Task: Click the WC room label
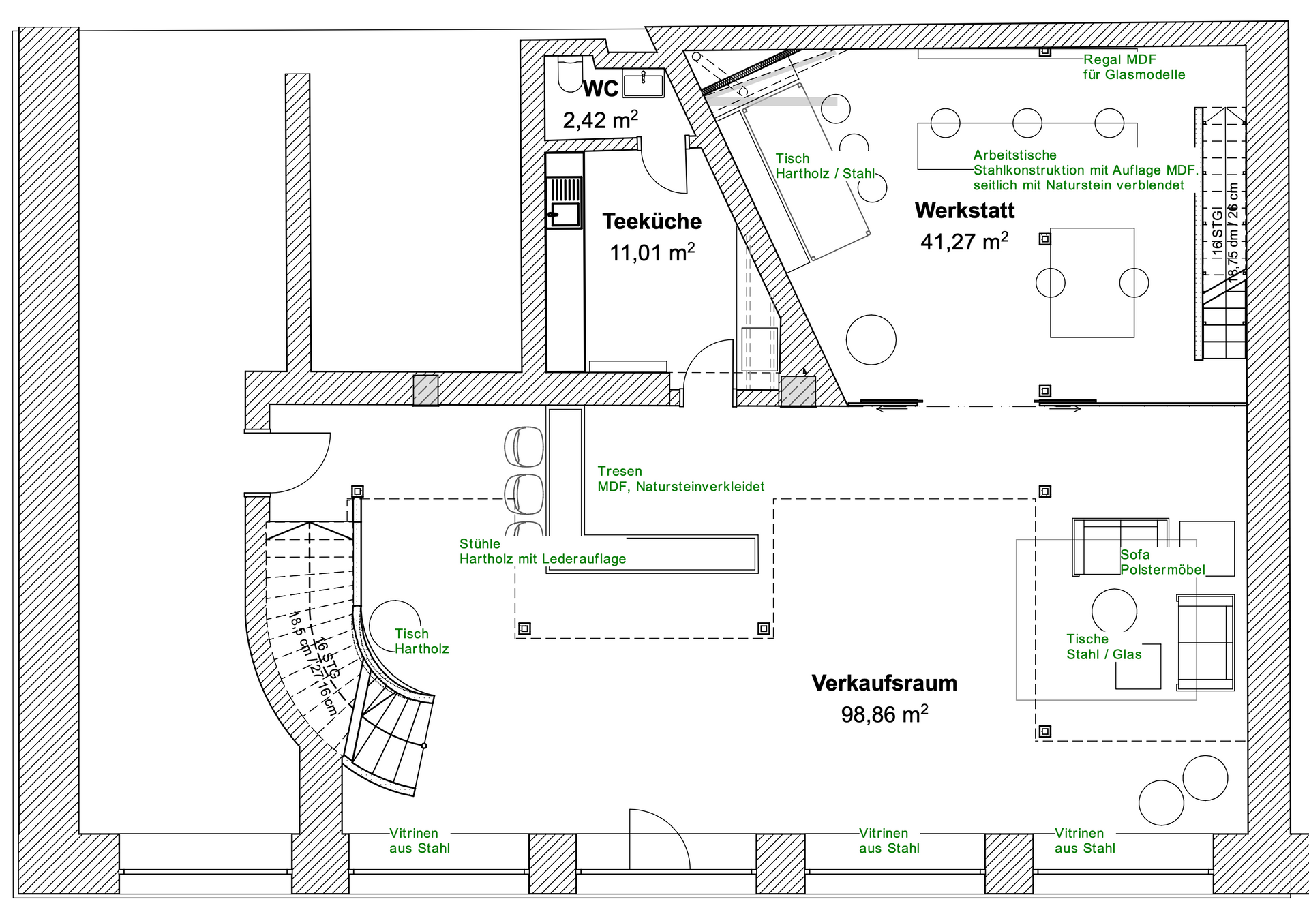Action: point(601,89)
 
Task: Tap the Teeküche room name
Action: point(652,222)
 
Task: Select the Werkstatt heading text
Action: point(965,211)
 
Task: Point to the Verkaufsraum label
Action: point(884,683)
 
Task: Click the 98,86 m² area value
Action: point(884,714)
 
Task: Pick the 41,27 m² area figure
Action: point(964,241)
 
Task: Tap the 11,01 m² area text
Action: point(652,252)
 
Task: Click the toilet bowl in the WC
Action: point(567,74)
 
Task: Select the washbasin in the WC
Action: point(643,83)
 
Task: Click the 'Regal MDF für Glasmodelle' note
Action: point(1134,67)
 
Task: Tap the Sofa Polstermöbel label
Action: point(1162,562)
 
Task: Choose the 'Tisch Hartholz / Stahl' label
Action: point(825,166)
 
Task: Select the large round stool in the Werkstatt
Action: point(871,339)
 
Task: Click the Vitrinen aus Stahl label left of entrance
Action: point(419,840)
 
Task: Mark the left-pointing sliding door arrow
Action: point(892,409)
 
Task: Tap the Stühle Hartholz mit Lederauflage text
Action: point(542,551)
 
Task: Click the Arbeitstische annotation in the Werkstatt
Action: point(1085,170)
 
